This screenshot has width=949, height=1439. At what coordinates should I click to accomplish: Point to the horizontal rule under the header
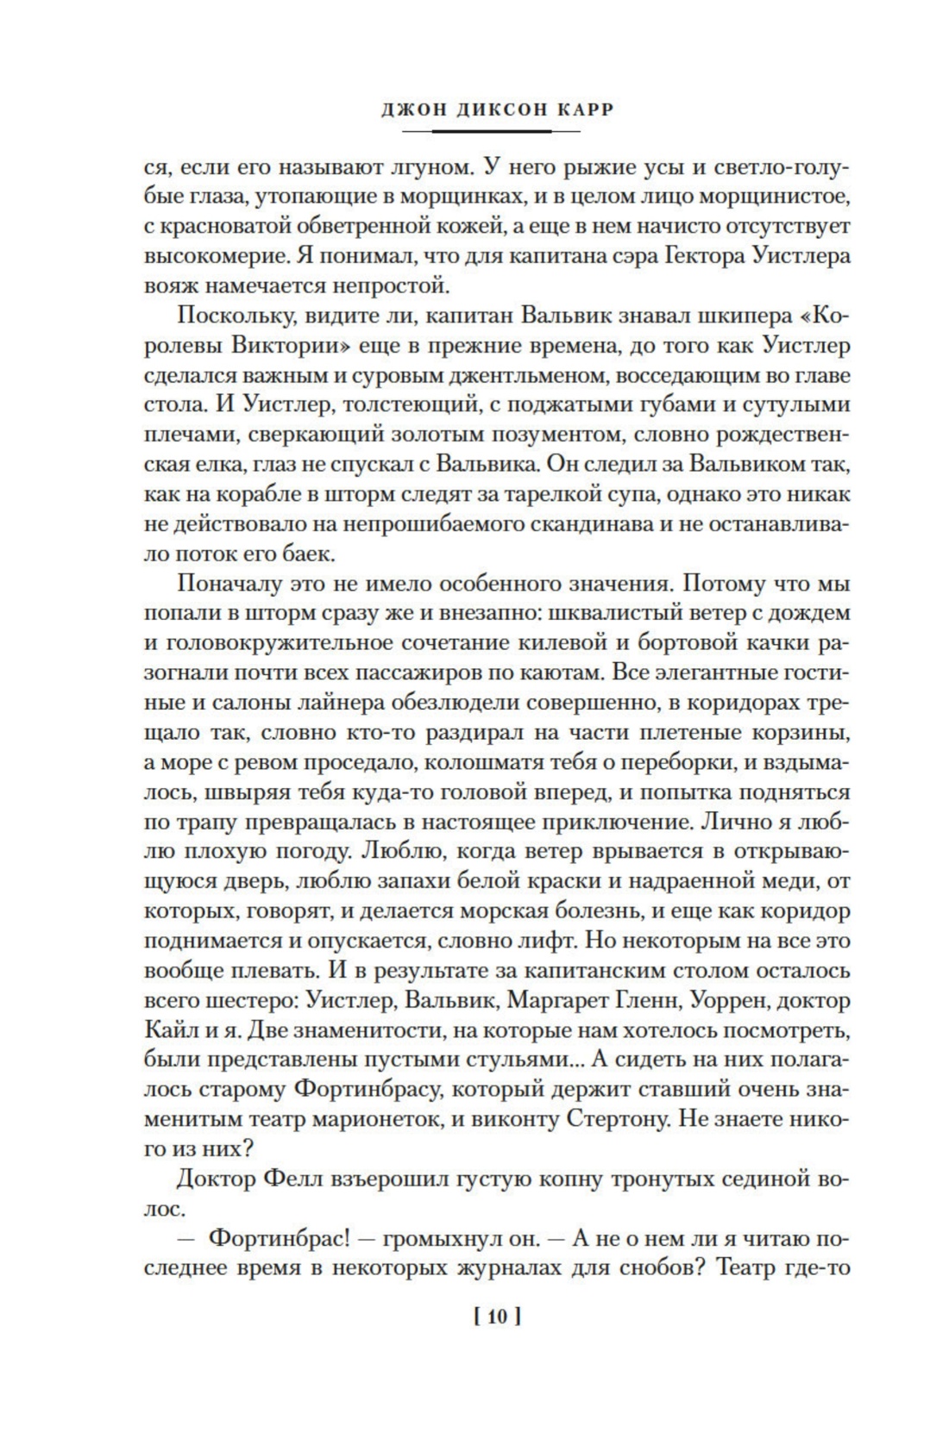click(491, 131)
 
